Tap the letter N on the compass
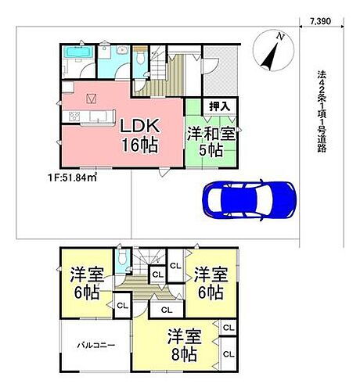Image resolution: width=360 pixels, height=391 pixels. (283, 36)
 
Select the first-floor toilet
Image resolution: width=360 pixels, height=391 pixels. (140, 59)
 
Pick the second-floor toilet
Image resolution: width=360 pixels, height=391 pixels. (121, 259)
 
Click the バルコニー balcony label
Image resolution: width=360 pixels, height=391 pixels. (95, 344)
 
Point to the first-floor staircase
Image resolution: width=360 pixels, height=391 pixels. (168, 74)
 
